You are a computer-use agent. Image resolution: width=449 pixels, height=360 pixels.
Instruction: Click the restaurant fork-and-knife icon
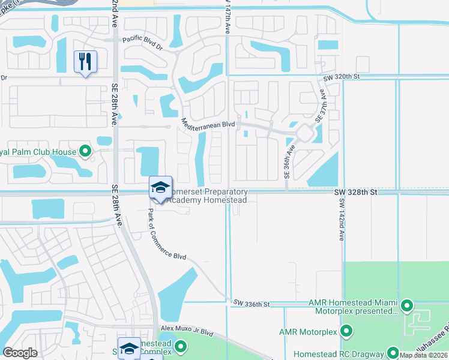[x=85, y=61]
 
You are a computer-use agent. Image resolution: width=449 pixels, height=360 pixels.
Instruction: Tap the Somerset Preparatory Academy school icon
[x=160, y=187]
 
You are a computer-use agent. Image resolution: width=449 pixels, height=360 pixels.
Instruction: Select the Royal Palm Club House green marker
[x=85, y=151]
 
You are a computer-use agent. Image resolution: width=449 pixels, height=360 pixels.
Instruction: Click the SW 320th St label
[x=340, y=77]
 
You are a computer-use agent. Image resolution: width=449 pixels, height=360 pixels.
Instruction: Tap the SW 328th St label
[x=355, y=192]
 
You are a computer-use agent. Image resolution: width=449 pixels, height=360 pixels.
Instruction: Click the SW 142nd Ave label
[x=340, y=220]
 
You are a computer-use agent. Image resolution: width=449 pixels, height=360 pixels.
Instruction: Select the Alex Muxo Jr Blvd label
[x=187, y=331]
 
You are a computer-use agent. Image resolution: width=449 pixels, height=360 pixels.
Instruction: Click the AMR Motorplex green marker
[x=346, y=331]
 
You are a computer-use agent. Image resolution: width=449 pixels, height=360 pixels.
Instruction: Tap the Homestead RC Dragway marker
[x=393, y=353]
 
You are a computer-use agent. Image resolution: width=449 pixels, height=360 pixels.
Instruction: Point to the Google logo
[x=20, y=353]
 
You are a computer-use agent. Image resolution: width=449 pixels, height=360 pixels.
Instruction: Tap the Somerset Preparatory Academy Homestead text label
[x=207, y=196]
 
